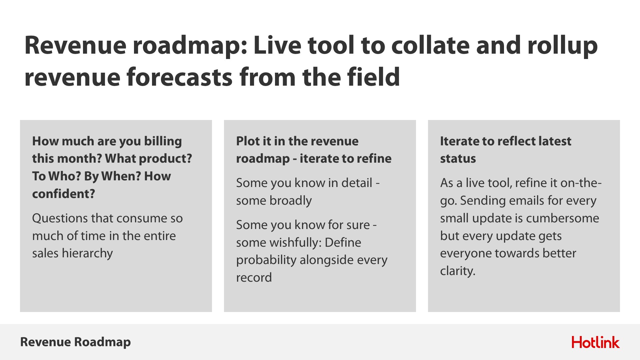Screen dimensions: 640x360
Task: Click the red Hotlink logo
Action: pos(596,342)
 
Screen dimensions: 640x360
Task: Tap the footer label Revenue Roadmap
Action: pos(76,342)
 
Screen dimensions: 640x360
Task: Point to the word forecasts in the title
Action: pos(179,77)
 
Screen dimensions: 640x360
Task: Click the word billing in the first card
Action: pos(163,142)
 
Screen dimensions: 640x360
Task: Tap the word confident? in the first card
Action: pos(64,194)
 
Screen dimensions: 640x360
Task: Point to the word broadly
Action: pos(291,201)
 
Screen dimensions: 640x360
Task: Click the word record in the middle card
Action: pos(254,278)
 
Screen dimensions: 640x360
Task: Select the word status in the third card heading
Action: pos(458,159)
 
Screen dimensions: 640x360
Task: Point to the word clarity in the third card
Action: pos(458,271)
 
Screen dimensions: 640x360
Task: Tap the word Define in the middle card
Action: pos(343,243)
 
